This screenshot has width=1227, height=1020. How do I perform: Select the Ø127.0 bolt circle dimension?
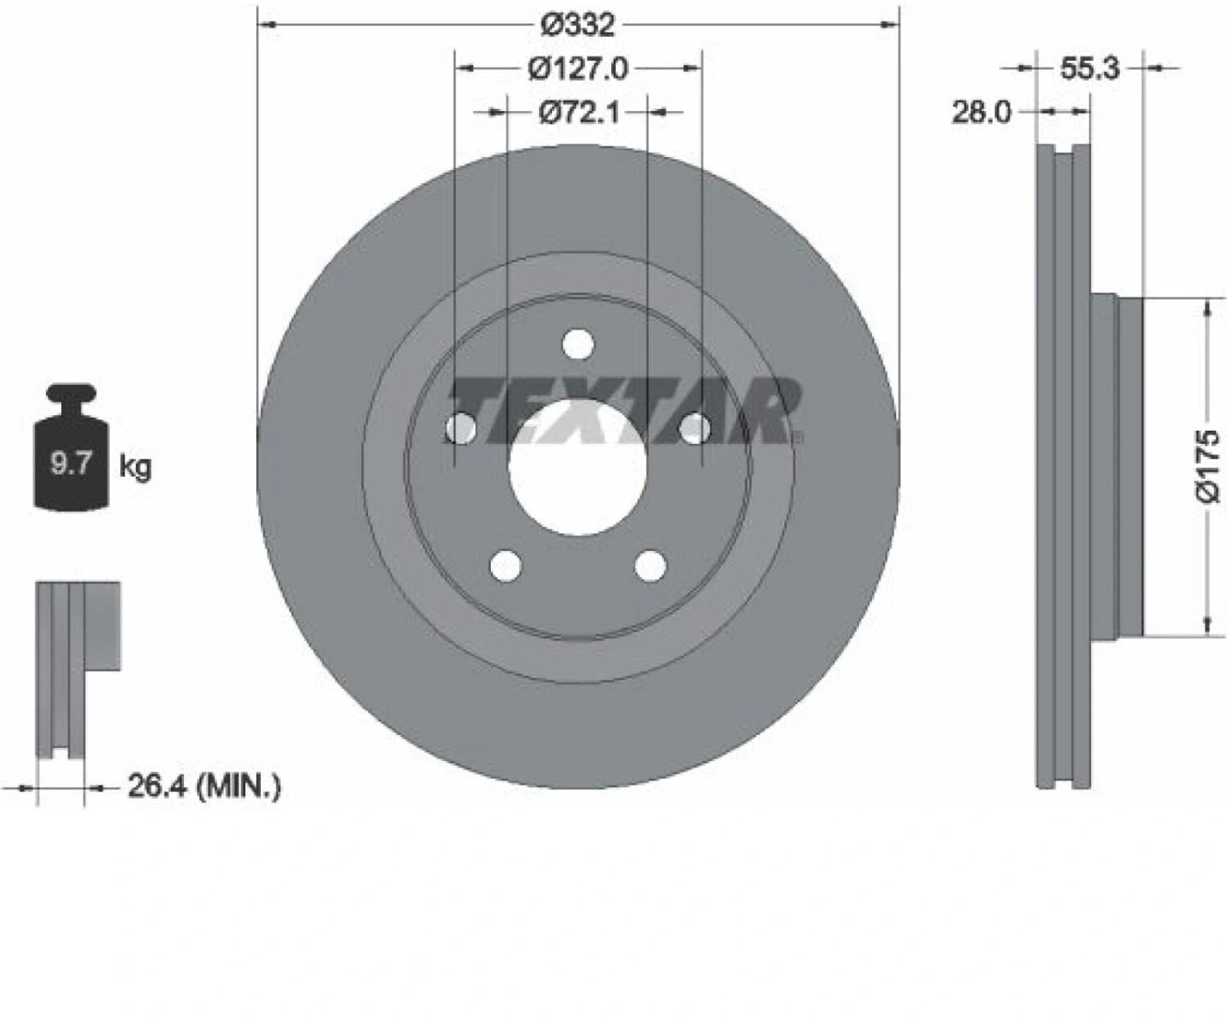[578, 69]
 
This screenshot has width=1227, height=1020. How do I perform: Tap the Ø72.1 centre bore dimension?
[579, 112]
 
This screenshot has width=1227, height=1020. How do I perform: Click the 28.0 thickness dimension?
[982, 112]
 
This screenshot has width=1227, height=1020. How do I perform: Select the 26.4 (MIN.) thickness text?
[204, 787]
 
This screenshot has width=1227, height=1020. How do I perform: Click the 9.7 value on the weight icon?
[70, 464]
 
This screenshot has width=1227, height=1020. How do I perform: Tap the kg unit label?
[136, 467]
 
